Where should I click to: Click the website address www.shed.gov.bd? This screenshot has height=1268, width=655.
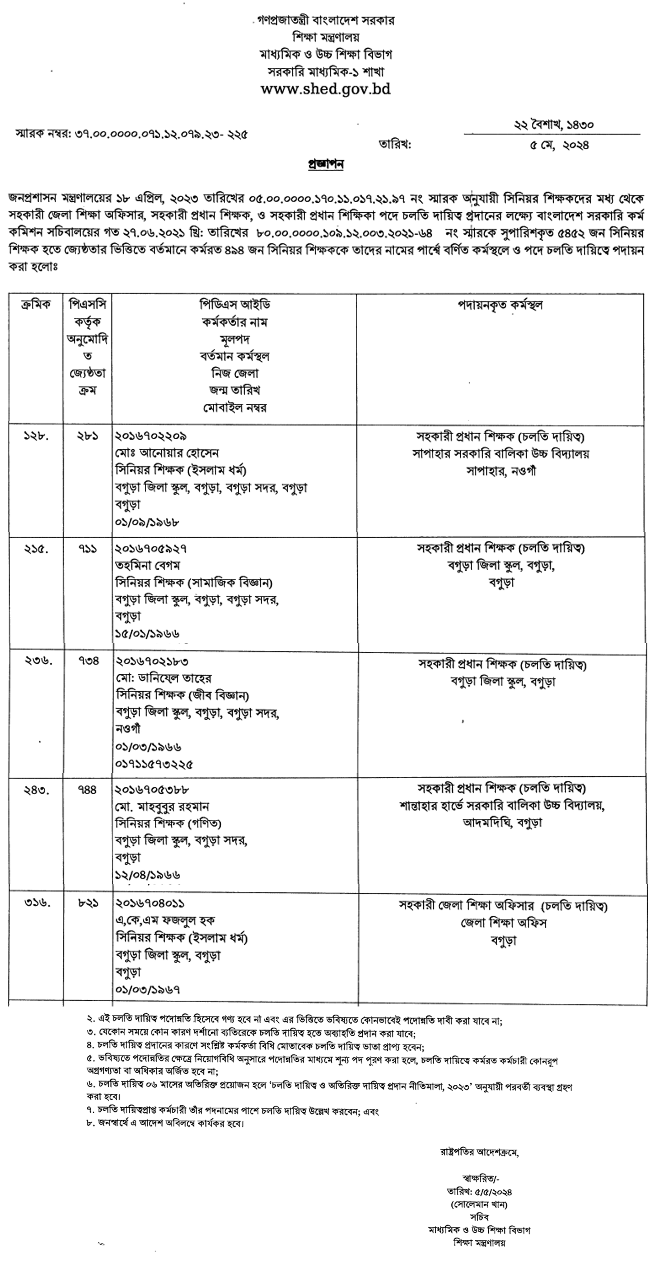click(x=325, y=89)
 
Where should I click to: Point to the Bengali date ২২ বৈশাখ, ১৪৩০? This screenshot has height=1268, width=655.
click(x=553, y=125)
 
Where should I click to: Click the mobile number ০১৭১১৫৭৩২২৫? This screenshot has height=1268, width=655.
click(x=154, y=764)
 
